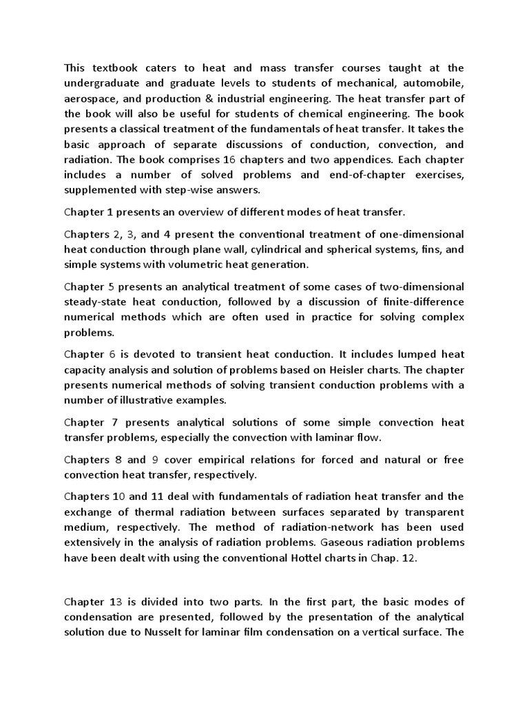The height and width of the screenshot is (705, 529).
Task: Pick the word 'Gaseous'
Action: tap(333, 543)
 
